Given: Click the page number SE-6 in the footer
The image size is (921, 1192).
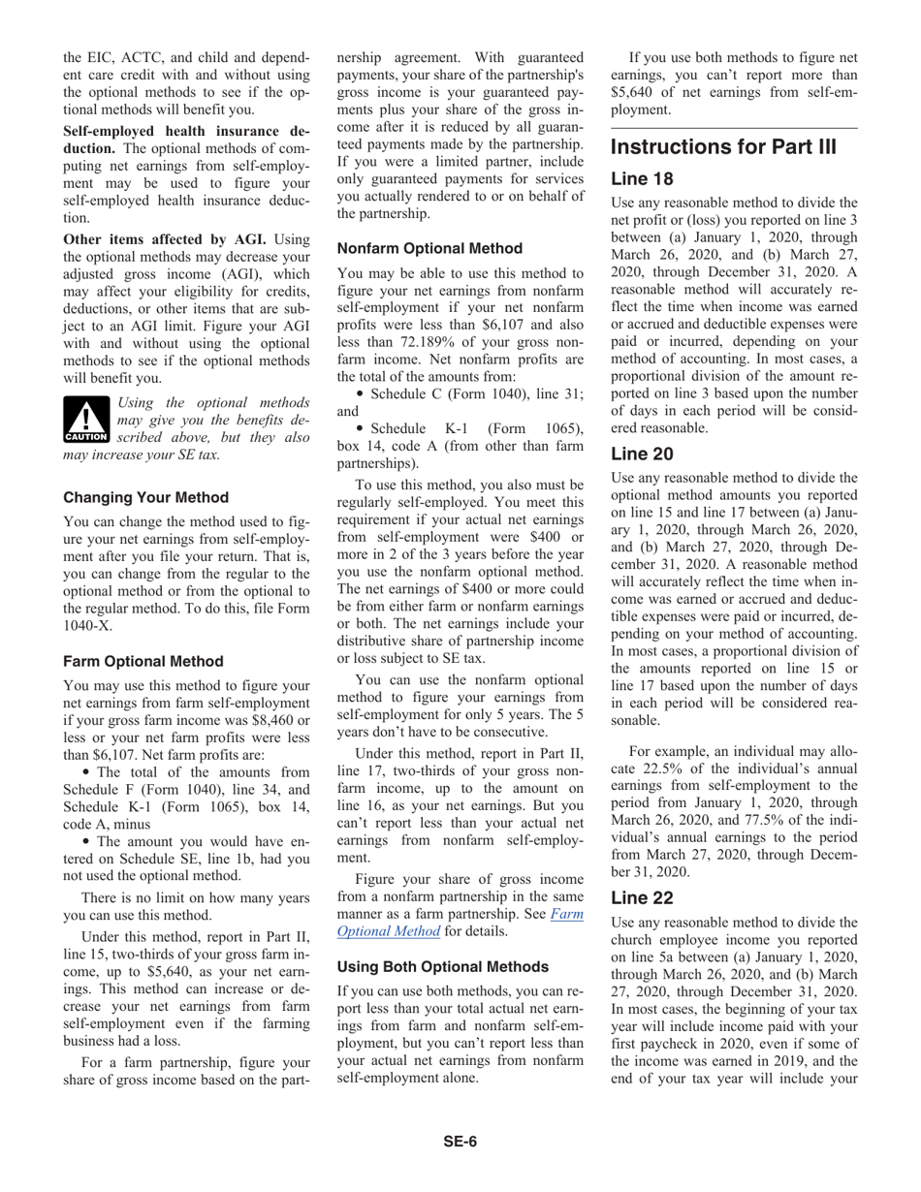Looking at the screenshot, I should coord(460,1141).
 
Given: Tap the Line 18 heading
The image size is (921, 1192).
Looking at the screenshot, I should coord(641,179).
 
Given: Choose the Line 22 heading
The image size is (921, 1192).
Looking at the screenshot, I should coord(642,898).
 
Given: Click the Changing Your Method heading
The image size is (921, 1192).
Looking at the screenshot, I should coord(146,497).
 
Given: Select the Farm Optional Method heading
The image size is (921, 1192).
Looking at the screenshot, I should coord(143,661).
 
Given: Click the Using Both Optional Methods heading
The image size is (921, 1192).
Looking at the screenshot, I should coord(443,966).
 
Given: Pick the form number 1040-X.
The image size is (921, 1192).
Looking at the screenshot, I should coord(87,625).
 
